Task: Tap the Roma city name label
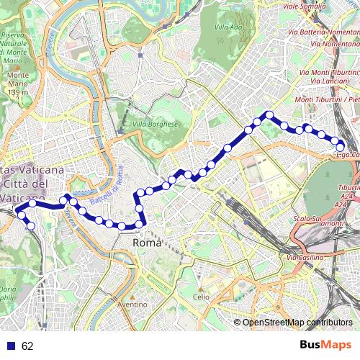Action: pos(148,244)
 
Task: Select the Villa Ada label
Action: pos(228,27)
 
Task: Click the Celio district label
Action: pos(201,296)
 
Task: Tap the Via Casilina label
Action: pos(309,257)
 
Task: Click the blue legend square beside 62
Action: pos(9,346)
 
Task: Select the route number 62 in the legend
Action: pos(27,346)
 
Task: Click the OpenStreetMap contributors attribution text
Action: pos(297,322)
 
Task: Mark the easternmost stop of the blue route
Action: pos(341,148)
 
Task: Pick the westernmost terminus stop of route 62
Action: pos(21,215)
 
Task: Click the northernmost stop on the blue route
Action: pos(269,114)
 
